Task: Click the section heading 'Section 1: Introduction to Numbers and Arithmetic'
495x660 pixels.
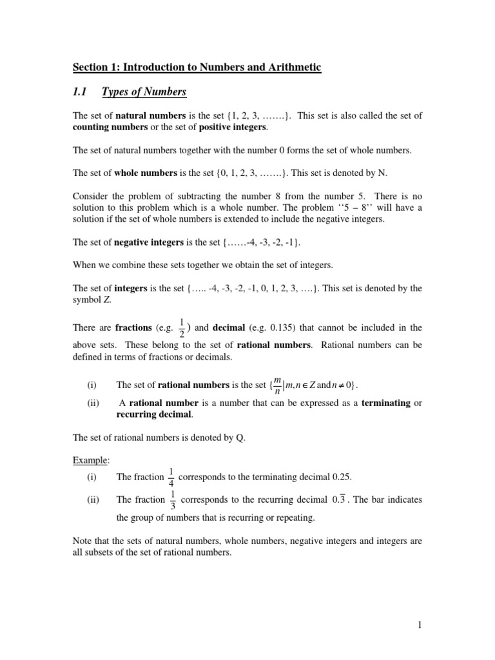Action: (x=197, y=67)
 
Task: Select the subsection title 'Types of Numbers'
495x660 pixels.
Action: (x=144, y=92)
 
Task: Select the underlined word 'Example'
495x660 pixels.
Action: (x=90, y=461)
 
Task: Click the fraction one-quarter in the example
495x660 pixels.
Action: (x=171, y=478)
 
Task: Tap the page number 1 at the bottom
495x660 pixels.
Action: (x=419, y=625)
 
